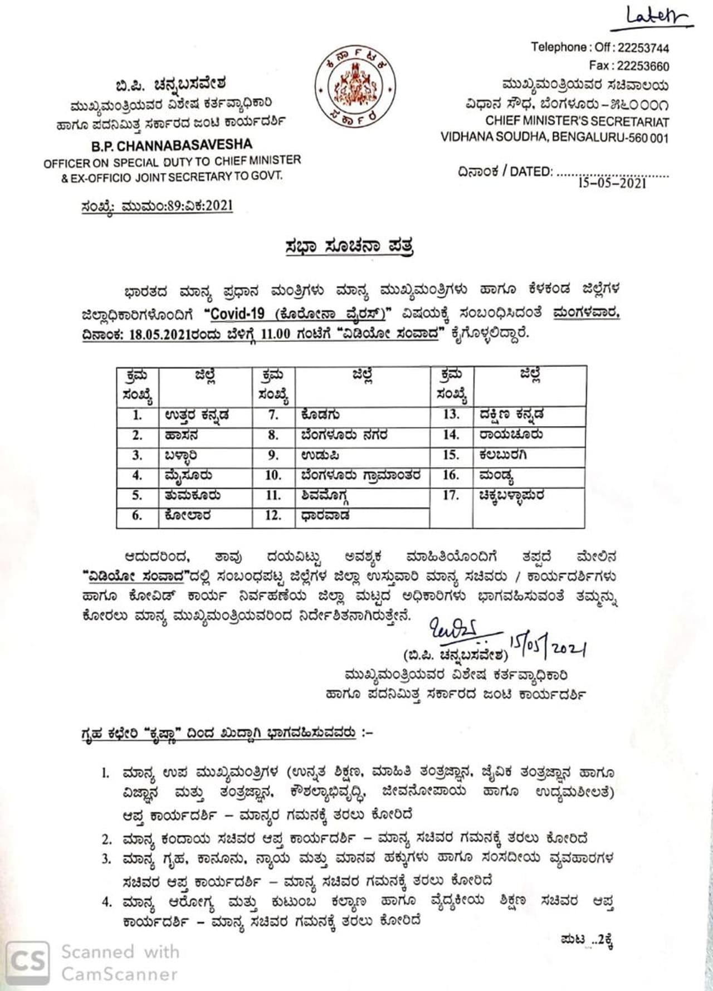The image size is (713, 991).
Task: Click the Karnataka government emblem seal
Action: tap(354, 87)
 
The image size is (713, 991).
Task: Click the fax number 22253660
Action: tap(643, 66)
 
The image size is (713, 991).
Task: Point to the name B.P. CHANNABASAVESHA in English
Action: tap(172, 146)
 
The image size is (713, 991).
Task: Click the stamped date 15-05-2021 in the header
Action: tap(612, 183)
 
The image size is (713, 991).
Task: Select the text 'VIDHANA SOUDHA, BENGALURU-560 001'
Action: tap(554, 138)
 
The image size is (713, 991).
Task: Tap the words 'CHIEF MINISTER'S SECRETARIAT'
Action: tap(577, 121)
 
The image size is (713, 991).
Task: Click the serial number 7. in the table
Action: tap(273, 416)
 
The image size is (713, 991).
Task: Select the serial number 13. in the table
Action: tap(451, 414)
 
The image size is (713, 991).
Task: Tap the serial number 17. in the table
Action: tap(451, 495)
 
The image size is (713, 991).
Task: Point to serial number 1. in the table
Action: tap(137, 416)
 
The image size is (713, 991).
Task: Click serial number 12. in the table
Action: tap(273, 515)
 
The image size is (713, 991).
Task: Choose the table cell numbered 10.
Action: tap(273, 475)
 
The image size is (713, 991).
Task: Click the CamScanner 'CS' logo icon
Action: tap(28, 960)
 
